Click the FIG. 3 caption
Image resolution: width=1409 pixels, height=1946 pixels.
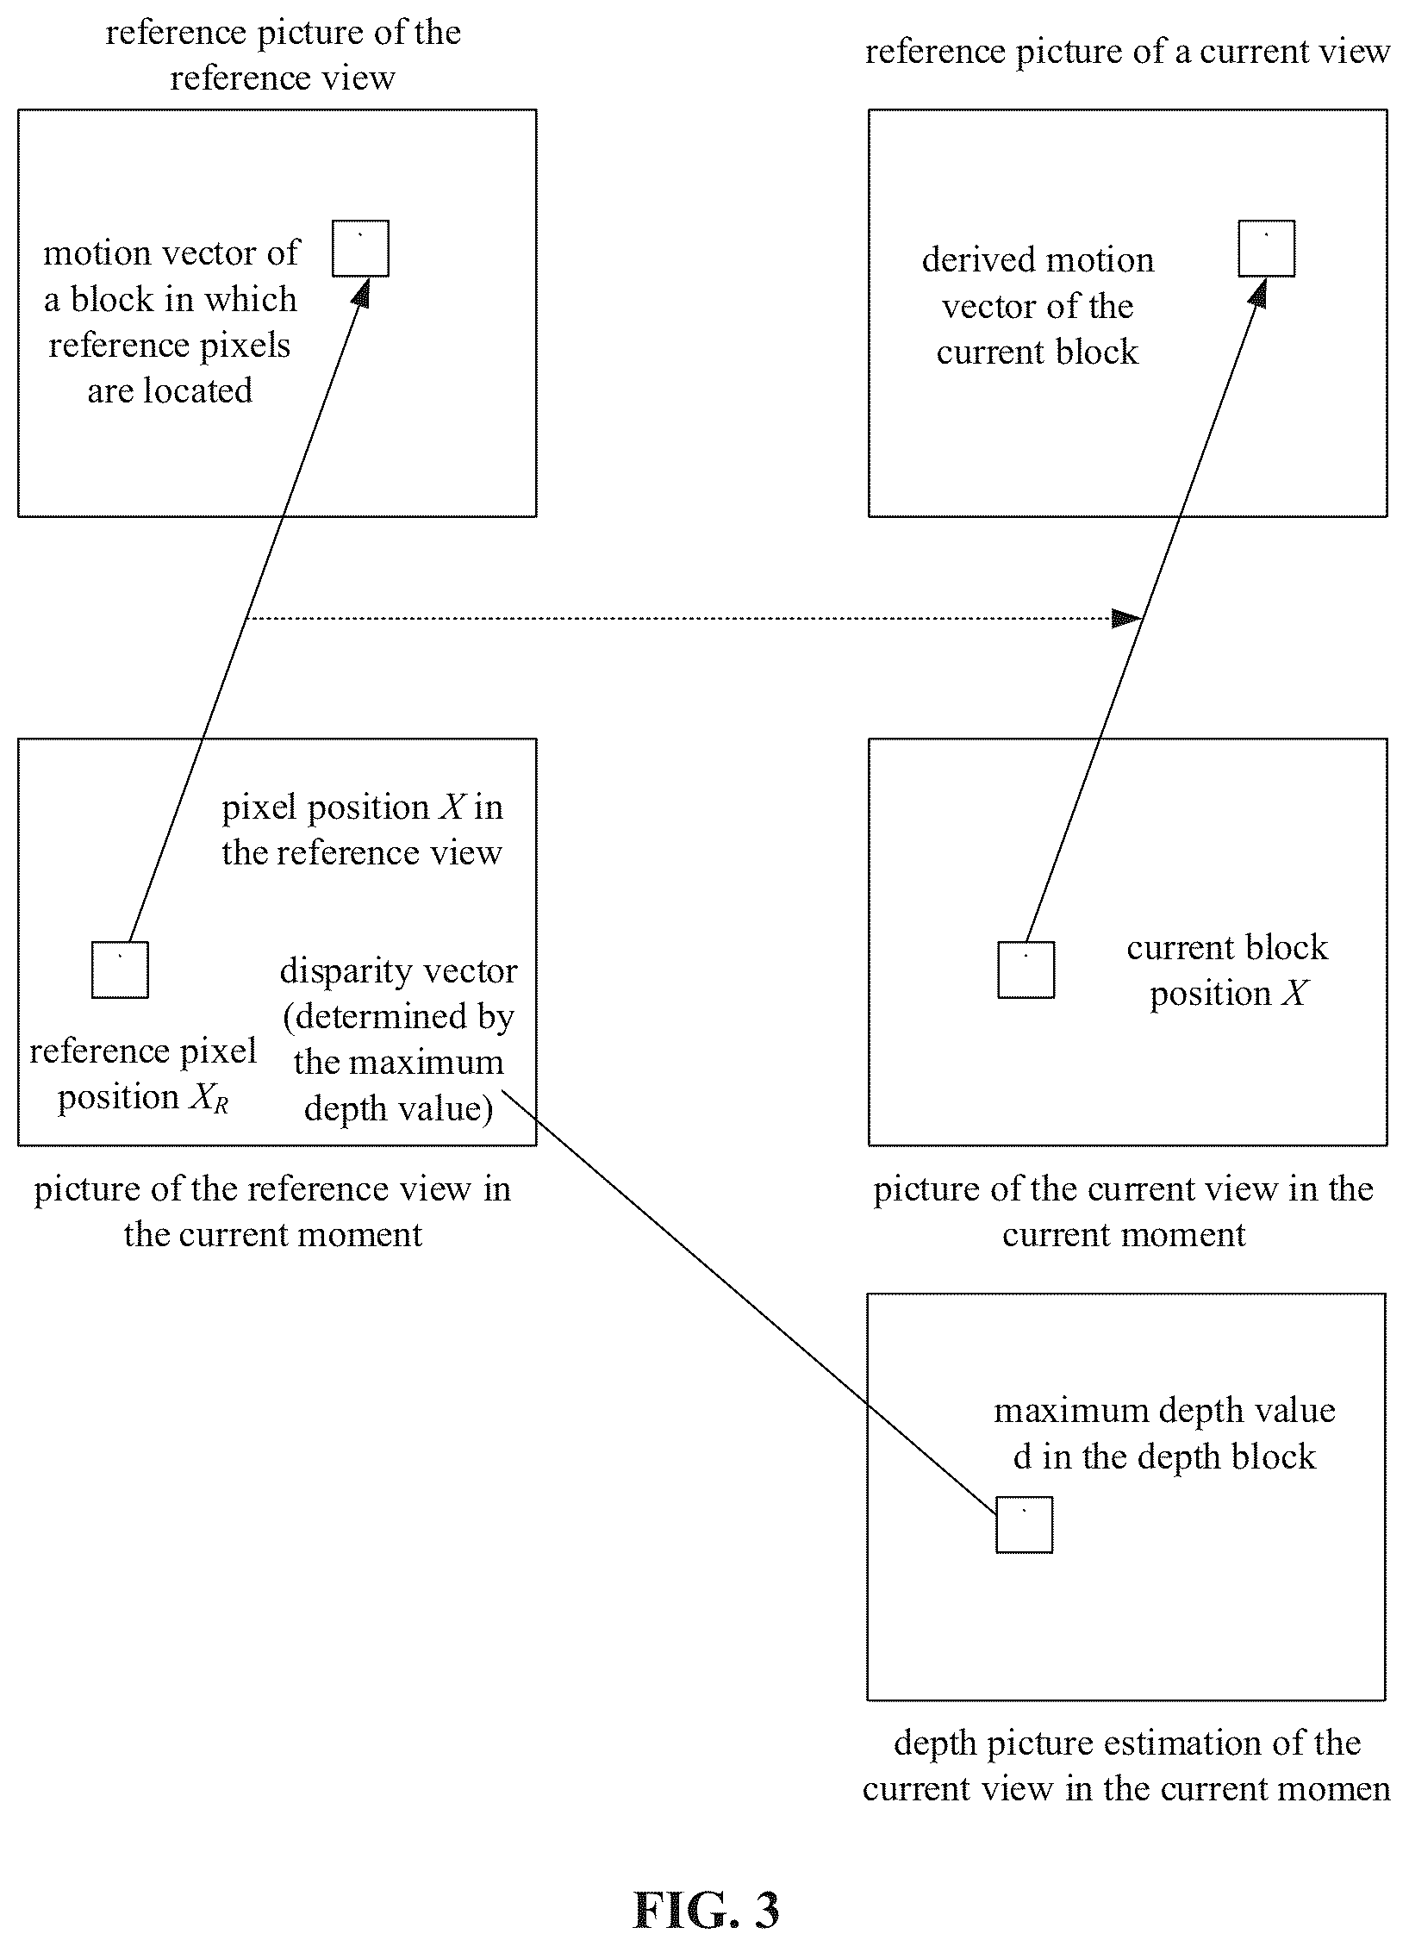(706, 1887)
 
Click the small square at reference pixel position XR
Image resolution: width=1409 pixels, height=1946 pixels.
(120, 970)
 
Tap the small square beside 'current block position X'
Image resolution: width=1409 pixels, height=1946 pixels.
(1026, 970)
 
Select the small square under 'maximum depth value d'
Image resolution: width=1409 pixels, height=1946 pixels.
(1025, 1525)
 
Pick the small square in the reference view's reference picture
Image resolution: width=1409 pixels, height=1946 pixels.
(361, 248)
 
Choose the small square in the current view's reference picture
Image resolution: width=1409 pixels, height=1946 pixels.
(1267, 248)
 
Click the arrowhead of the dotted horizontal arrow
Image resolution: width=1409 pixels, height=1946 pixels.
(1127, 618)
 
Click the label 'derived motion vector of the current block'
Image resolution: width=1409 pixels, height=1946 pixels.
(1038, 306)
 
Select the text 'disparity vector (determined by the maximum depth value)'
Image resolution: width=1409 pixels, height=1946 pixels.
(398, 1039)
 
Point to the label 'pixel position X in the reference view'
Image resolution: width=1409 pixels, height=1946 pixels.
(362, 829)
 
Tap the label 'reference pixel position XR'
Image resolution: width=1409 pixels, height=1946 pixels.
(143, 1074)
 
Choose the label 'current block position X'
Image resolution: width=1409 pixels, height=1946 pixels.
(1227, 970)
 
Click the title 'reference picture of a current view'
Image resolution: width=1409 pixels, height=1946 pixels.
(1127, 52)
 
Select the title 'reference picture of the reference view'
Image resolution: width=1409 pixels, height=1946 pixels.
(283, 55)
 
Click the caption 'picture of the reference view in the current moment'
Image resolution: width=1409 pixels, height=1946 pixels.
(272, 1212)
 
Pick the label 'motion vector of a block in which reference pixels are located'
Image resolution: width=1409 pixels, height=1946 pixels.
(171, 321)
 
